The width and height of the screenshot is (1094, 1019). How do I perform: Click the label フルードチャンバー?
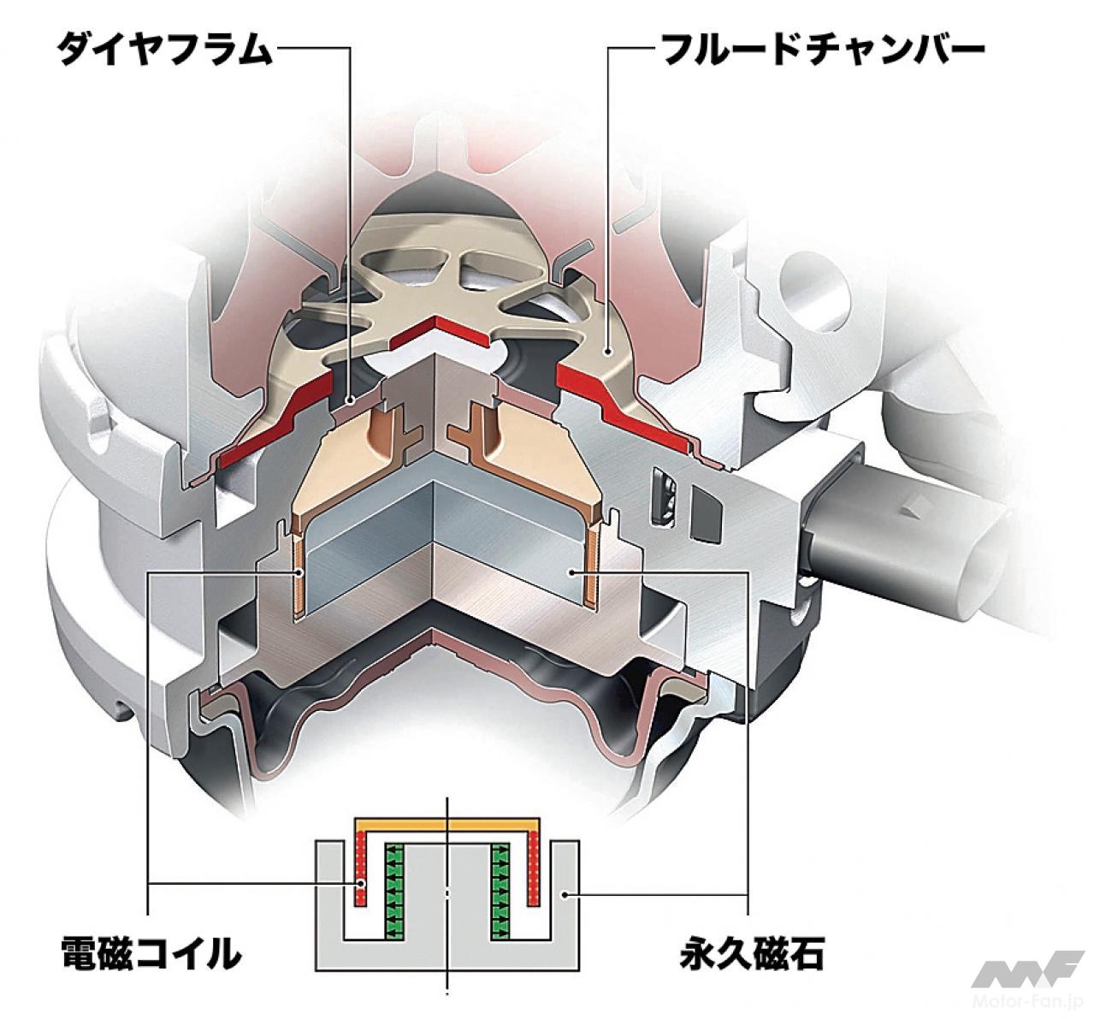[824, 50]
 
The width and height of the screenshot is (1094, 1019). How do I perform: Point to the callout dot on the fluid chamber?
[607, 351]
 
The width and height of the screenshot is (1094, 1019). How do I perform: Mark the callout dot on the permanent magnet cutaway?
[573, 572]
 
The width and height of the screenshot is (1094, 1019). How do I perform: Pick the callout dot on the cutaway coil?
[301, 572]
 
